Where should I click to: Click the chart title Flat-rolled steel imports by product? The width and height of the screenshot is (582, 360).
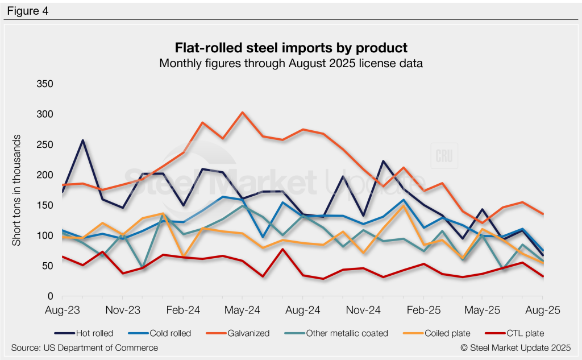290,47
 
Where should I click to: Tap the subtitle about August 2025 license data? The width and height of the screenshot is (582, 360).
290,63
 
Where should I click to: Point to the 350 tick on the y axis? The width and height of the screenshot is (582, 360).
44,84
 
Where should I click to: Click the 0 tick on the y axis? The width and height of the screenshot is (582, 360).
50,296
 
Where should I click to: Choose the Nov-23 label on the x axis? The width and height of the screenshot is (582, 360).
122,311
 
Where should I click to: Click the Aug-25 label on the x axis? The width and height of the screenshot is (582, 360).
543,311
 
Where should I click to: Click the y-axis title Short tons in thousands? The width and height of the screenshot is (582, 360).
17,191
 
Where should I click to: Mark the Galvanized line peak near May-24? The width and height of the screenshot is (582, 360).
243,113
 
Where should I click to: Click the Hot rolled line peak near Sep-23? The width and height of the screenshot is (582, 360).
83,140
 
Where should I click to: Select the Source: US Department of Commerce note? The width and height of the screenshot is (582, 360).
84,347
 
